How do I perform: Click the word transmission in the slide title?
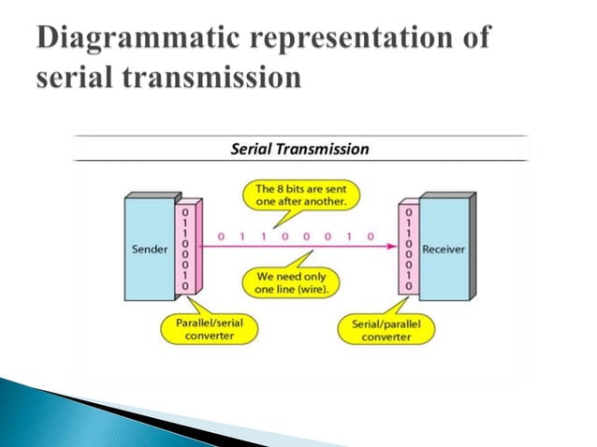(x=213, y=78)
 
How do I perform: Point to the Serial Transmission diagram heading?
(x=299, y=149)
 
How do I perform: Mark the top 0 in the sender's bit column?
(x=185, y=214)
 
